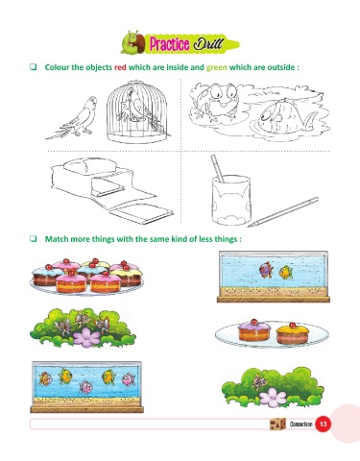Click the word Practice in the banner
169,44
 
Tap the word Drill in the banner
208,43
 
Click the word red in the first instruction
120,67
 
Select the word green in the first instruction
217,67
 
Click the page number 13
323,424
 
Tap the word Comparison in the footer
301,424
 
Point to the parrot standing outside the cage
73,118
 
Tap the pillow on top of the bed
89,165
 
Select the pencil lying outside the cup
283,212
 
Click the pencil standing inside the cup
217,169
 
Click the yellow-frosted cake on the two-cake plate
293,333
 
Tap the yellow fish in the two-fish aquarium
285,273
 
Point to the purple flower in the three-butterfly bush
86,337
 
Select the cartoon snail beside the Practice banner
133,42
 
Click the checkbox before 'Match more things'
34,238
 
